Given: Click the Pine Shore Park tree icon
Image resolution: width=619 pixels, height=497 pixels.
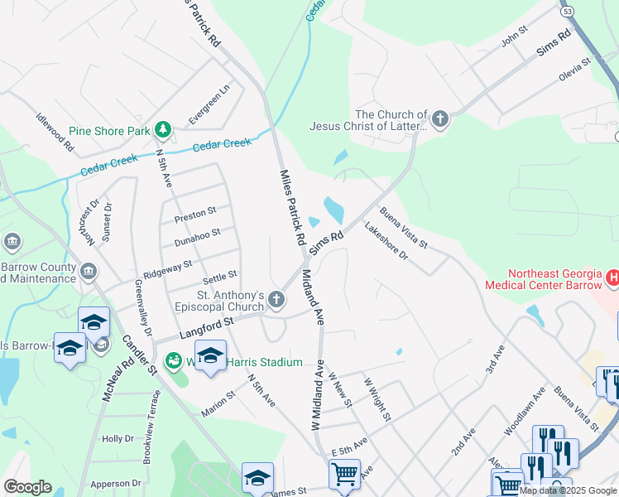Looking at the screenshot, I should (x=164, y=130).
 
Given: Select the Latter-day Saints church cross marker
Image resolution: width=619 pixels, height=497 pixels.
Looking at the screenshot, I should (x=439, y=119).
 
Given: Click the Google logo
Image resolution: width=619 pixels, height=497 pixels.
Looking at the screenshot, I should (x=27, y=487).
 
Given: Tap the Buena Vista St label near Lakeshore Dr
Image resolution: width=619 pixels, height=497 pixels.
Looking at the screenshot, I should (x=404, y=228).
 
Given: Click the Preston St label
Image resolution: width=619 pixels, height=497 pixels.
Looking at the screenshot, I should (x=195, y=215).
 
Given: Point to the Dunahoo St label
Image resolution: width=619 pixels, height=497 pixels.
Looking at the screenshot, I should (x=197, y=239).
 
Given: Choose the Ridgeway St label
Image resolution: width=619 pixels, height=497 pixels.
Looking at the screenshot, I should (x=167, y=268).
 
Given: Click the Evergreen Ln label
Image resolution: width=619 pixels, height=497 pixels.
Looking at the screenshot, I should (x=209, y=105).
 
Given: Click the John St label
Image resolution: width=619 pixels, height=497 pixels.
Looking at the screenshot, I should (x=514, y=36).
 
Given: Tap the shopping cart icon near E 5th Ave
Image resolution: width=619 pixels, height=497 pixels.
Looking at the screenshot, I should (x=344, y=475).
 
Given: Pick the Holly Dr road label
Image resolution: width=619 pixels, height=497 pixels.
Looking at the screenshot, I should (x=118, y=438).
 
